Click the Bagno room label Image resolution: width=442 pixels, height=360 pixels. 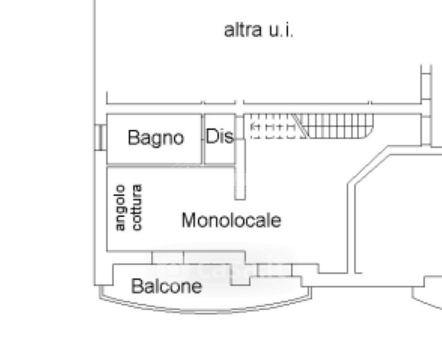pyautogui.click(x=156, y=138)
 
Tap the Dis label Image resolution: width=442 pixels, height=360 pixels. pyautogui.click(x=220, y=137)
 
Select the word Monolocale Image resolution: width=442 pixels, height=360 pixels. pyautogui.click(x=231, y=220)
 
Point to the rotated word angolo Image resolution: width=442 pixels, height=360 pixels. pyautogui.click(x=120, y=208)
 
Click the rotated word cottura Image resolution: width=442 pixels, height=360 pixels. pyautogui.click(x=137, y=208)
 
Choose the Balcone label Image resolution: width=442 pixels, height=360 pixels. pyautogui.click(x=166, y=286)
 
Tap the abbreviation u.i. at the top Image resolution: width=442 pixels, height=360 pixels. pyautogui.click(x=280, y=30)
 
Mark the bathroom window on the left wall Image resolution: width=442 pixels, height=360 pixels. pyautogui.click(x=100, y=137)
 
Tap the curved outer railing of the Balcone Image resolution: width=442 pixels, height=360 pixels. pyautogui.click(x=204, y=310)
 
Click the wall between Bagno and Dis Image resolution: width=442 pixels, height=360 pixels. pyautogui.click(x=203, y=138)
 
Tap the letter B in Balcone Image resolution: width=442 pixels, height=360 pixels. pyautogui.click(x=136, y=286)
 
